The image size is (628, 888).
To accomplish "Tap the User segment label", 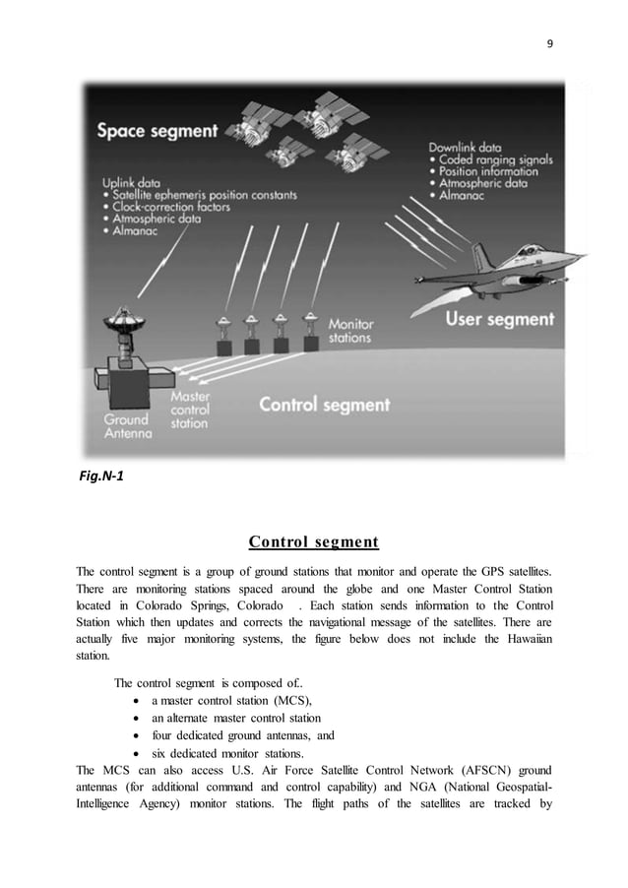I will (501, 319).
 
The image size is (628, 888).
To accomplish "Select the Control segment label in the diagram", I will (325, 404).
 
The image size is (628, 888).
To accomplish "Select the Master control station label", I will (190, 410).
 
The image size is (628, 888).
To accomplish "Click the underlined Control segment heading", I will (313, 541).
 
